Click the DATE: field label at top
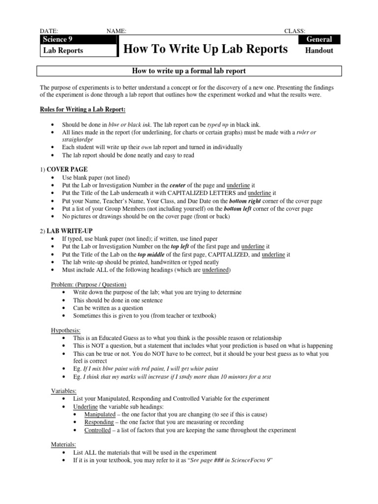pyautogui.click(x=49, y=31)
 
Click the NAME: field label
pyautogui.click(x=116, y=31)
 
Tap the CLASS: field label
pyautogui.click(x=294, y=31)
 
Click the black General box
pyautogui.click(x=319, y=39)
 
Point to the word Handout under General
pyautogui.click(x=319, y=50)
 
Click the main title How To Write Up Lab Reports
pyautogui.click(x=206, y=49)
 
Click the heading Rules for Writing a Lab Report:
pyautogui.click(x=83, y=109)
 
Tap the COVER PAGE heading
pyautogui.click(x=67, y=169)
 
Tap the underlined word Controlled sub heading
pyautogui.click(x=97, y=430)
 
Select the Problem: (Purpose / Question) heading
pyautogui.click(x=89, y=284)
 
